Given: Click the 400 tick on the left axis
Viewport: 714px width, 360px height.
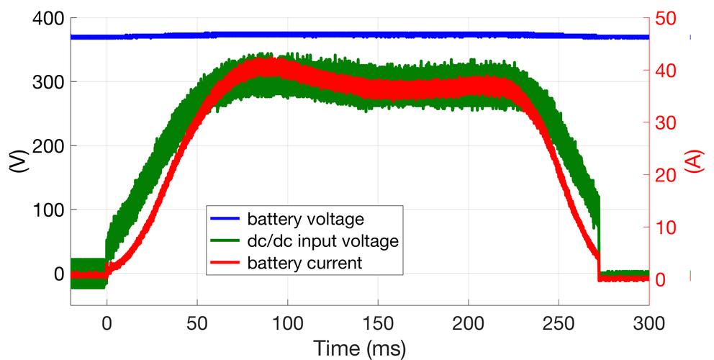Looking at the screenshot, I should pyautogui.click(x=45, y=18).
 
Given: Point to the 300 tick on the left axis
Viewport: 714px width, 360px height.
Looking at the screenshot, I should pyautogui.click(x=45, y=82).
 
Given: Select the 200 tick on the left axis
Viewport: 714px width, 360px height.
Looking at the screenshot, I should pyautogui.click(x=45, y=146).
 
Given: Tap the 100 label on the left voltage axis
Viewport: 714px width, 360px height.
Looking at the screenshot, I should pyautogui.click(x=45, y=210).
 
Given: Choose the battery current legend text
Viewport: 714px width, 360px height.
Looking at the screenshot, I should pyautogui.click(x=303, y=264).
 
